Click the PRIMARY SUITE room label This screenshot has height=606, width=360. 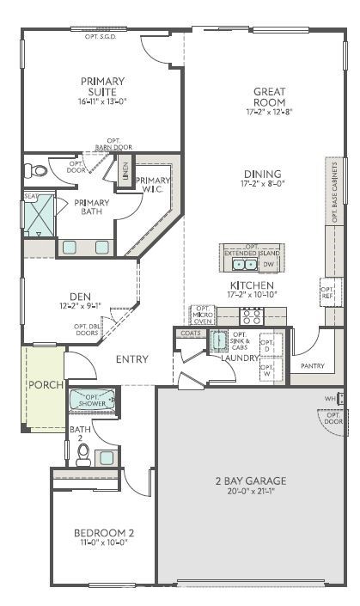coord(102,86)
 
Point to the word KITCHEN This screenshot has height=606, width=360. coord(251,285)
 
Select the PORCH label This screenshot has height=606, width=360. coord(43,384)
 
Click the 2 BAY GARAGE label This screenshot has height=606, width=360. coord(250,481)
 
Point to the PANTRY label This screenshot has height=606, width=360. coord(313,366)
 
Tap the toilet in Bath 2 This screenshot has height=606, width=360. coord(83,454)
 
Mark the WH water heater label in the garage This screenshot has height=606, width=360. coord(330,399)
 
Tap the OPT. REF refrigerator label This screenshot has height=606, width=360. coord(326,291)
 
